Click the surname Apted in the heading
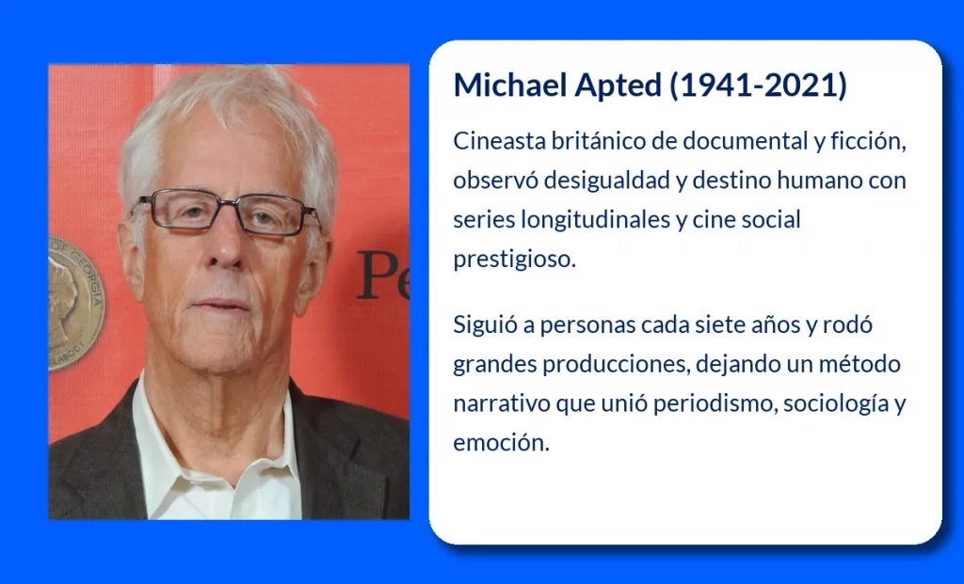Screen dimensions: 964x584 point(618,86)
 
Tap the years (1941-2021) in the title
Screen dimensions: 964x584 point(758,85)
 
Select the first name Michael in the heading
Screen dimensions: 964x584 point(510,84)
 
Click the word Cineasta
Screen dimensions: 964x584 point(499,141)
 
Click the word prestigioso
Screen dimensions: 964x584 point(515,260)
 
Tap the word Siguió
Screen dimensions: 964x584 point(486,324)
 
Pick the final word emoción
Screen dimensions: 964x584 point(501,443)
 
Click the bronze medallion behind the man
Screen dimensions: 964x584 point(76,303)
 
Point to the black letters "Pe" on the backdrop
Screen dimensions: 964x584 point(382,276)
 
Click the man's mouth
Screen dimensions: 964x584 point(220,305)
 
